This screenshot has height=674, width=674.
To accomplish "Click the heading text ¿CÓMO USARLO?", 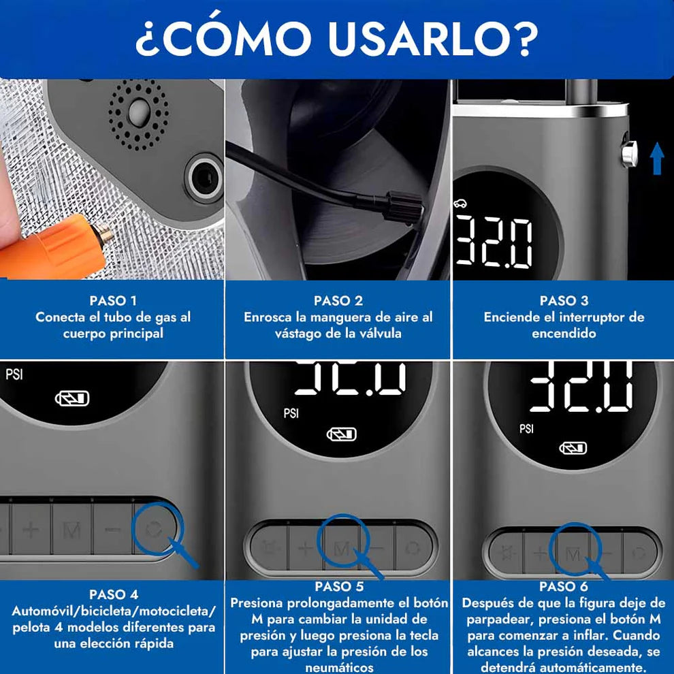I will [336, 39].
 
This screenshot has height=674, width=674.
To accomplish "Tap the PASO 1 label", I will [112, 300].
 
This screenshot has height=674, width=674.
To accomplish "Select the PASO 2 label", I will [338, 300].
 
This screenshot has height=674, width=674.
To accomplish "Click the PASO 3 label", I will [564, 300].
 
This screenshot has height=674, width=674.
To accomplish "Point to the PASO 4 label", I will [112, 594].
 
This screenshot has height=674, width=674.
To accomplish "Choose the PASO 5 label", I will [338, 586].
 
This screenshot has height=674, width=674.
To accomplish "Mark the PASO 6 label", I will [564, 586].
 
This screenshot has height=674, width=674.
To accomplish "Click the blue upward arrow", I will [656, 158].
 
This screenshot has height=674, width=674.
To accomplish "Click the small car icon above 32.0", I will [461, 203].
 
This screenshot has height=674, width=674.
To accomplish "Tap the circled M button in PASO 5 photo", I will [341, 547].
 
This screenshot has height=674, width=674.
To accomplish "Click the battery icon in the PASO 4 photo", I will [71, 398].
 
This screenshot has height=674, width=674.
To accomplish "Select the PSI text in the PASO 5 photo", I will [291, 413].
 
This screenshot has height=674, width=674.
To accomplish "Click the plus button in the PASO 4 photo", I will [31, 530].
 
